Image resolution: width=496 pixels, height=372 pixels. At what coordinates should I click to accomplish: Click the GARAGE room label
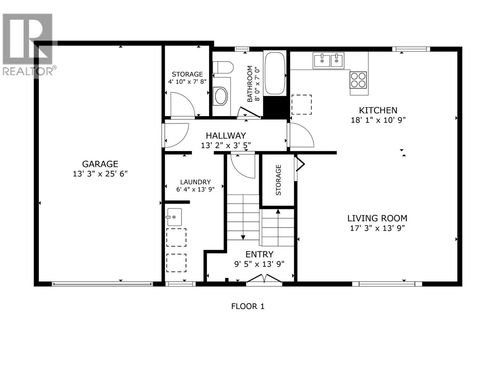coord(100,164)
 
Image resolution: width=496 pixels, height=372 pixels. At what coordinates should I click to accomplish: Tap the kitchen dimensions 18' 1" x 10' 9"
coord(378,120)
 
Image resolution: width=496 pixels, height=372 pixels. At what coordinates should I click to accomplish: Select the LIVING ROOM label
coord(377,218)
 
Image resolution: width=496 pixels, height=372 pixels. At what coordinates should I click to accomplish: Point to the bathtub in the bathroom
coord(274,73)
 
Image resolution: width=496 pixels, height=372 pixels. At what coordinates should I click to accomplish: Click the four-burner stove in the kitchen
coord(358,80)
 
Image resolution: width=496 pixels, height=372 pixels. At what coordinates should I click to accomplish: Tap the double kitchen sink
coord(329,60)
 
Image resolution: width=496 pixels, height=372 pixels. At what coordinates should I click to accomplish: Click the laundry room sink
coord(174,217)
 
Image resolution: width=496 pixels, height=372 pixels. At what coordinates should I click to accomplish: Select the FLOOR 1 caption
coord(248,306)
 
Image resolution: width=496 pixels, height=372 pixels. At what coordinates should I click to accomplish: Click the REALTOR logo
coord(28,43)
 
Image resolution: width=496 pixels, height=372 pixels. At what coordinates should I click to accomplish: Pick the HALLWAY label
coord(226,135)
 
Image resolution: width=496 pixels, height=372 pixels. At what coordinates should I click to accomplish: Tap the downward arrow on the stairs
coord(243,237)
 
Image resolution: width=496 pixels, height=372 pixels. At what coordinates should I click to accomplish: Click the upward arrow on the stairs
coord(278,212)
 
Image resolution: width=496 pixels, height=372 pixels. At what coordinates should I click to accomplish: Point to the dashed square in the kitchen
coord(302,105)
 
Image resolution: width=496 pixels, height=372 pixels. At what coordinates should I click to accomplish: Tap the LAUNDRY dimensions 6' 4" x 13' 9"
coord(195,189)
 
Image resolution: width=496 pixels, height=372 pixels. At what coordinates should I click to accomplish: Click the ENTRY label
coord(259,255)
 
